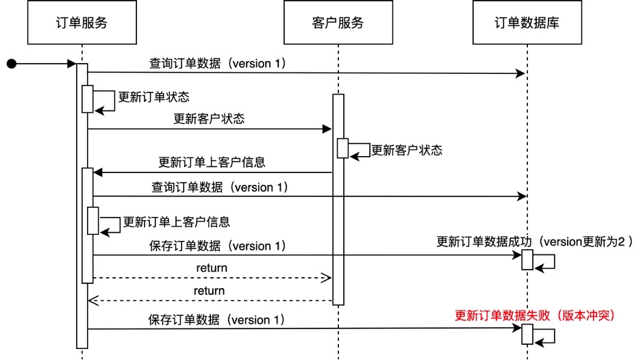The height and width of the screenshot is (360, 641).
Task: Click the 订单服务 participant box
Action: (81, 23)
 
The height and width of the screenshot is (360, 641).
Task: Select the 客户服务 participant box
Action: (338, 23)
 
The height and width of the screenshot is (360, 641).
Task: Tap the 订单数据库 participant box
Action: (527, 23)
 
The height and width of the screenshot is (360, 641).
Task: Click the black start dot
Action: (11, 64)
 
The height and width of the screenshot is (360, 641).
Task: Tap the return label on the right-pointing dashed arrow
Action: (212, 268)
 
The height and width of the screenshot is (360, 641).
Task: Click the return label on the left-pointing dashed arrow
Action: (209, 290)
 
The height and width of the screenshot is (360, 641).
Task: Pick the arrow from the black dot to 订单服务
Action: (45, 64)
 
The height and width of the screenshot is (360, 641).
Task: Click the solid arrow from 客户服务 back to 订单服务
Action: (212, 172)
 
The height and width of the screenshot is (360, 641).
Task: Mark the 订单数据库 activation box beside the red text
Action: (527, 334)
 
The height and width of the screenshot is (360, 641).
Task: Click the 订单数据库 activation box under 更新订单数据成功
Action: (527, 260)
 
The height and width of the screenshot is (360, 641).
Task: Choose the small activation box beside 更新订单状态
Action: (88, 99)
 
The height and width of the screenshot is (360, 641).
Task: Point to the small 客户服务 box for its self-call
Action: (342, 149)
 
